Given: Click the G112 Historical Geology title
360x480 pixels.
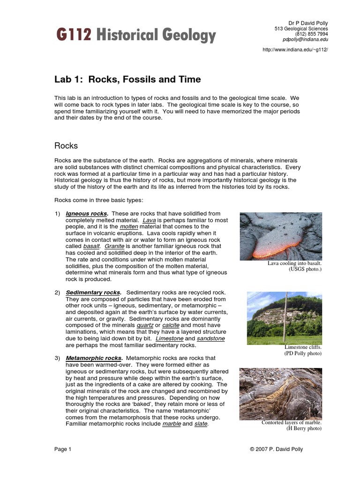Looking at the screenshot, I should tap(136, 35).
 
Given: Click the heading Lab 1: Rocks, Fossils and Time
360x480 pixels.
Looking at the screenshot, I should tap(127, 79).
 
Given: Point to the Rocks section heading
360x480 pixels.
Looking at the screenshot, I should tap(66, 146).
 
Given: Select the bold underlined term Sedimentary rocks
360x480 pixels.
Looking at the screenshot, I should tap(93, 292).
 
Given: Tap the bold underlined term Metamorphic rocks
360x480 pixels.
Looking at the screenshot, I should tap(93, 358).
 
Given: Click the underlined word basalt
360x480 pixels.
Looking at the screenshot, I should tap(91, 247).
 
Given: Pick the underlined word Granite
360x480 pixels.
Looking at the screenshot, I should tap(114, 247).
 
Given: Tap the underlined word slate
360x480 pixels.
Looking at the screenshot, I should tap(201, 424).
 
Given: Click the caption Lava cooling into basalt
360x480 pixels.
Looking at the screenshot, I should tap(294, 263).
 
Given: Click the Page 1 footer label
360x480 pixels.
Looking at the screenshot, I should tap(63, 449).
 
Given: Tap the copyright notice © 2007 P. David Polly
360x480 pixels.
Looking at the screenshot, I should tap(277, 449).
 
